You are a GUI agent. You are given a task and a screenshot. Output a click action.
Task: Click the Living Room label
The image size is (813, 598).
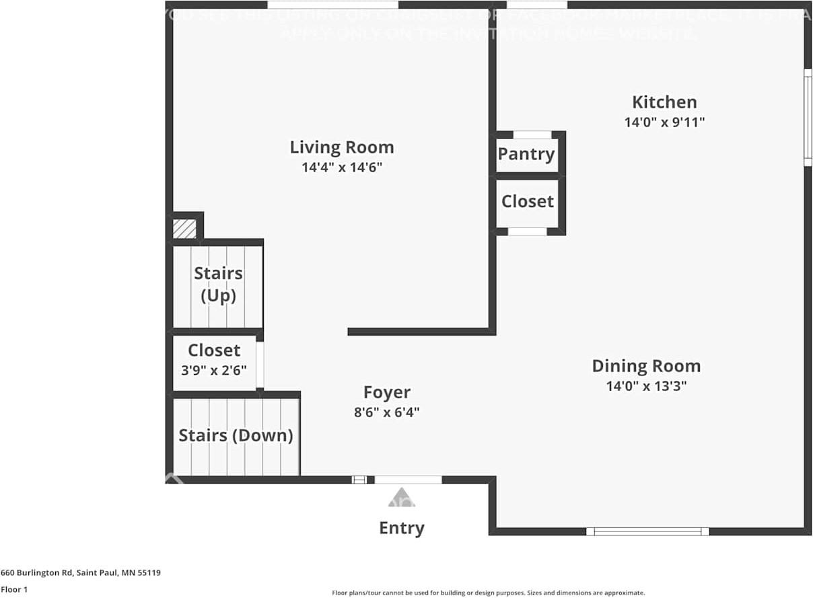coord(342,147)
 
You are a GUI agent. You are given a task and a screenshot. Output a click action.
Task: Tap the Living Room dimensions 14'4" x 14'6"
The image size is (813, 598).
coord(342,167)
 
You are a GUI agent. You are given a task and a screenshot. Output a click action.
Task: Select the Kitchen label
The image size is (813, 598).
coord(664,102)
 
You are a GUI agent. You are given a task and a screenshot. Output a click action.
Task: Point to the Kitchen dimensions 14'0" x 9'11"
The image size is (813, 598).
coord(664,122)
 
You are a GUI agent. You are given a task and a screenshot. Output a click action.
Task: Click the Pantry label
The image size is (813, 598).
coord(526,154)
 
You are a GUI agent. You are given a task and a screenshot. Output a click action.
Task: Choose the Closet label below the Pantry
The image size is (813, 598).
coord(528,201)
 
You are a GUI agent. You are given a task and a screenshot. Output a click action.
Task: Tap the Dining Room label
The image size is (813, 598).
coord(646,366)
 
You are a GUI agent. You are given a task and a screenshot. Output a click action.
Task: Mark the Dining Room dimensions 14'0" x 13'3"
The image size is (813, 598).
coord(646,386)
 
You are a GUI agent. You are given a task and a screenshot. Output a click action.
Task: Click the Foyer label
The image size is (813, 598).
coord(387,392)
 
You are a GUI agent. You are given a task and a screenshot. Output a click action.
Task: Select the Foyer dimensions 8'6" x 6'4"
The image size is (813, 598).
coord(387,412)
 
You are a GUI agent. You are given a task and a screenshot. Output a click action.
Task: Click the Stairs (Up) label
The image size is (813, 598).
coord(218,285)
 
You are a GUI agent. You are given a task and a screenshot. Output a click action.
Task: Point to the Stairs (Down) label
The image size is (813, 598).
coord(236,435)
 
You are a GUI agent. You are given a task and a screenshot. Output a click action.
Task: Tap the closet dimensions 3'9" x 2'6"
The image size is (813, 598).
coord(214,370)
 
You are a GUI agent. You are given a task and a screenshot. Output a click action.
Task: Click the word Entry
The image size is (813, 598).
coord(402,528)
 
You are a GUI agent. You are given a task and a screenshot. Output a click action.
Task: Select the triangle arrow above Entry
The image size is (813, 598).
coord(402,498)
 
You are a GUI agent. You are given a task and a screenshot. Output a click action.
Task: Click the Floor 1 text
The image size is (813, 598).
coord(13,589)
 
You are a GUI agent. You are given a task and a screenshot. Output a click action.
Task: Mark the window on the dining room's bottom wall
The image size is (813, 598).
coord(647,531)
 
